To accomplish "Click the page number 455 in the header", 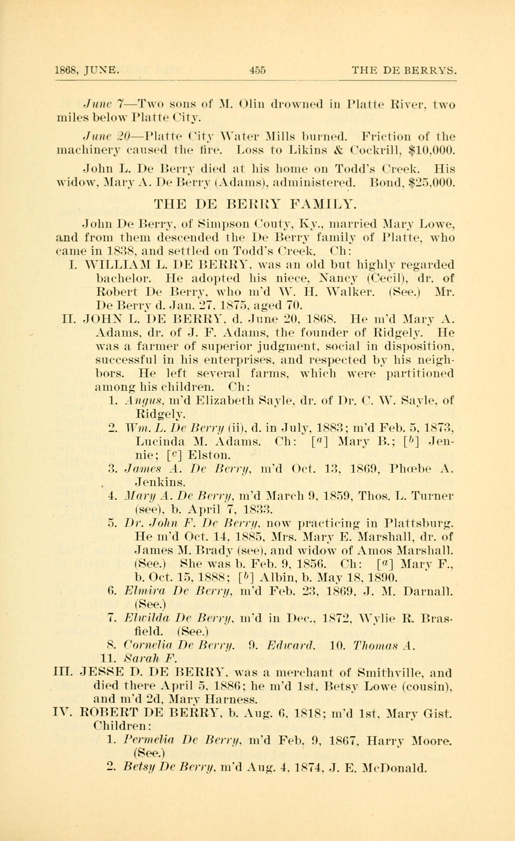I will pyautogui.click(x=258, y=71).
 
